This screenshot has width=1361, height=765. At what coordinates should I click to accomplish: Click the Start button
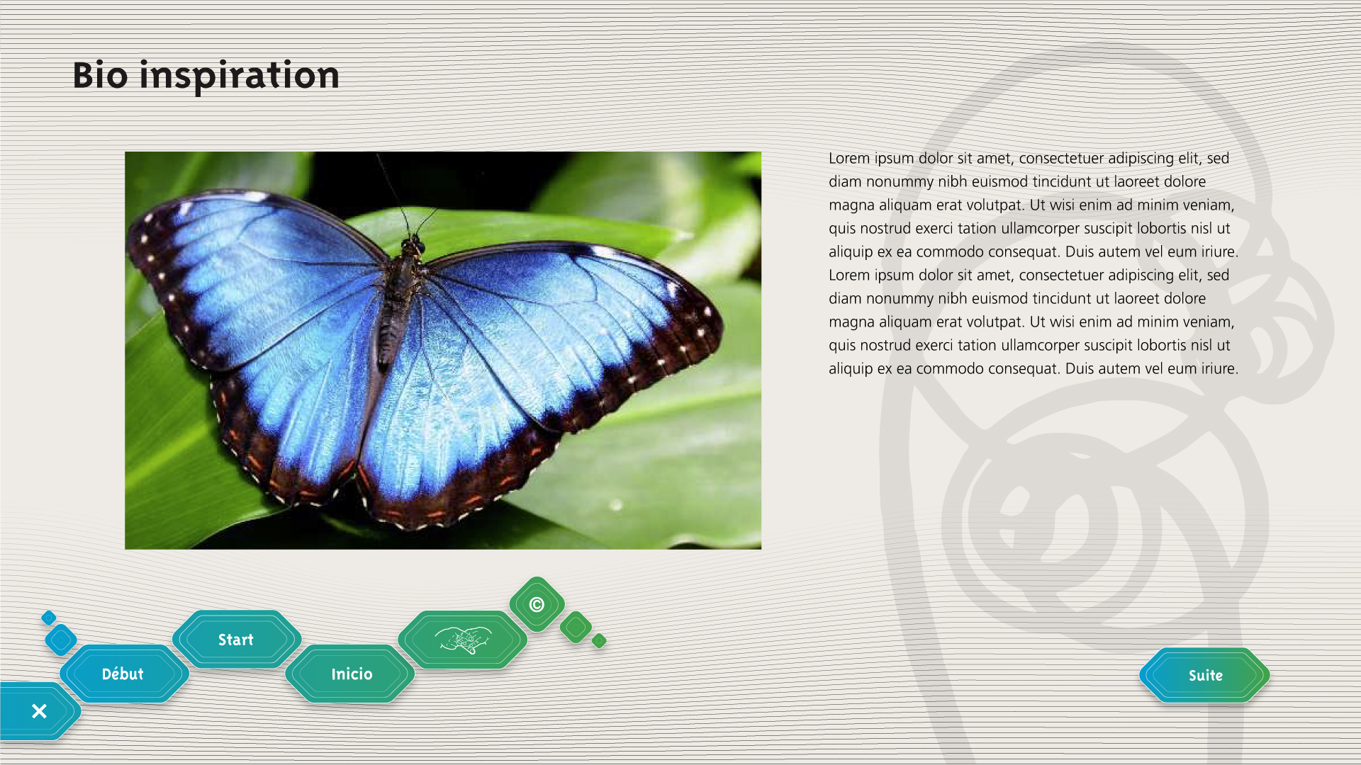click(236, 640)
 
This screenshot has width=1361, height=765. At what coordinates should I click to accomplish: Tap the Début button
click(123, 674)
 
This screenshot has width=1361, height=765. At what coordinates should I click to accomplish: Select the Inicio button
click(351, 674)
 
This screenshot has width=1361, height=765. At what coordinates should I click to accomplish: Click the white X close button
click(39, 711)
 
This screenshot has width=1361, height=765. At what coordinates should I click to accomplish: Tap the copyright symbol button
click(537, 604)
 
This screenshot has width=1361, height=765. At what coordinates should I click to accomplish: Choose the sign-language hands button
click(463, 640)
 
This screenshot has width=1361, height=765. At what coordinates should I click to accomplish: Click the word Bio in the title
click(100, 75)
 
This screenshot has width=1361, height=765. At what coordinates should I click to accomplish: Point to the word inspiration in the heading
click(240, 75)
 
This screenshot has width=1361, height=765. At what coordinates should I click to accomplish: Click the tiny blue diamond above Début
click(49, 618)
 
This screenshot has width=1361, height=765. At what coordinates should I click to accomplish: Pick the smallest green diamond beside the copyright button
click(600, 640)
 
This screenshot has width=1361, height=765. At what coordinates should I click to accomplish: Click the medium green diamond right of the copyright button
click(576, 627)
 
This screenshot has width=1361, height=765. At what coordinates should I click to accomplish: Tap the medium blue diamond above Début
click(61, 640)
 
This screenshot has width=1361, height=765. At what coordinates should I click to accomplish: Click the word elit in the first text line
click(1190, 158)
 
